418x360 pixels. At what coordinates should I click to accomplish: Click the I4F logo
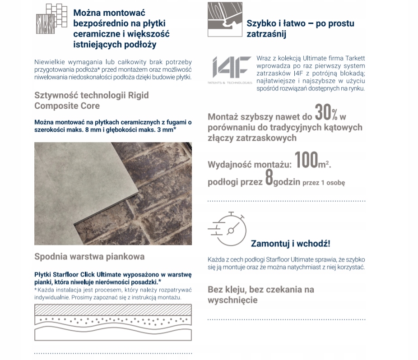click(x=229, y=69)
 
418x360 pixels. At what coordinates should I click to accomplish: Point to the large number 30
click(x=323, y=112)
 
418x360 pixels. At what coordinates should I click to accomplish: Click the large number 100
click(x=307, y=161)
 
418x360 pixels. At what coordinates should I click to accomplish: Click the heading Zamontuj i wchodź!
click(x=290, y=244)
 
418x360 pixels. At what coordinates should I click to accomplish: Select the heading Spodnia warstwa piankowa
click(x=89, y=257)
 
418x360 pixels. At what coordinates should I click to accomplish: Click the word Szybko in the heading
click(x=262, y=23)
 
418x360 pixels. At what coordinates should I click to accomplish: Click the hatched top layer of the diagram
click(x=113, y=309)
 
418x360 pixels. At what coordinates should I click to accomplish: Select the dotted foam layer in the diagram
click(x=113, y=321)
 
